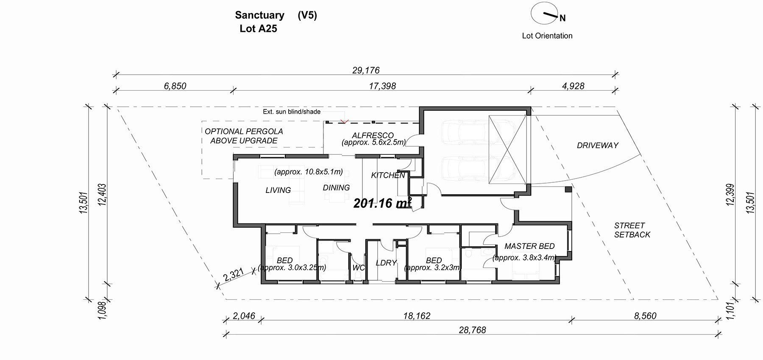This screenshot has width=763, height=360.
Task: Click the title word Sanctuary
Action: pyautogui.click(x=259, y=15)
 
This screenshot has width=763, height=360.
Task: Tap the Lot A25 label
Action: pyautogui.click(x=258, y=29)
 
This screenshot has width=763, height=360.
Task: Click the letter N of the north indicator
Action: pyautogui.click(x=563, y=18)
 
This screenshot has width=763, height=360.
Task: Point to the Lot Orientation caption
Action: pyautogui.click(x=547, y=36)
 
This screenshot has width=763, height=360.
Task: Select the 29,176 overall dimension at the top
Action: pyautogui.click(x=366, y=70)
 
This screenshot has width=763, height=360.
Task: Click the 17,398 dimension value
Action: pyautogui.click(x=382, y=86)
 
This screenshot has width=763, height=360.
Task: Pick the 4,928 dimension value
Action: pyautogui.click(x=573, y=86)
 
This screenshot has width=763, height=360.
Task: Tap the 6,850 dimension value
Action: pyautogui.click(x=175, y=86)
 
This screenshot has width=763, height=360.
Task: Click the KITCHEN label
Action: pyautogui.click(x=388, y=175)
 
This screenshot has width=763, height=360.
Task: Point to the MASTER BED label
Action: pyautogui.click(x=529, y=246)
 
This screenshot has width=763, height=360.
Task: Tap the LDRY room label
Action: pyautogui.click(x=386, y=263)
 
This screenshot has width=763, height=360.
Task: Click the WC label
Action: pyautogui.click(x=359, y=268)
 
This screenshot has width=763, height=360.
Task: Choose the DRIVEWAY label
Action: pyautogui.click(x=597, y=145)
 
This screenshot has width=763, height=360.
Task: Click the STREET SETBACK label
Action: pyautogui.click(x=632, y=230)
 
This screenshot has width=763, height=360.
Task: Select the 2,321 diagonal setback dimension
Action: pyautogui.click(x=234, y=275)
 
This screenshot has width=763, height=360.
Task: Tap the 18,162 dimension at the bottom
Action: pyautogui.click(x=417, y=316)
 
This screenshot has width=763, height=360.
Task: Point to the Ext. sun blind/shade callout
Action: pyautogui.click(x=292, y=112)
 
